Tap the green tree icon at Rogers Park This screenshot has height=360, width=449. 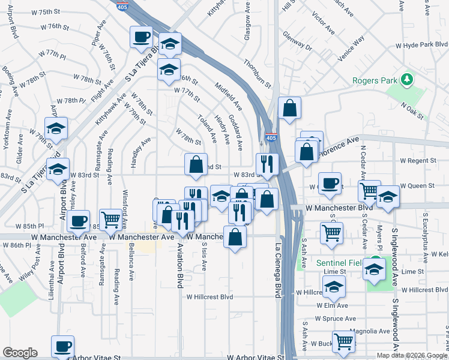pyautogui.click(x=408, y=79)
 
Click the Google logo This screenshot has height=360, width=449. pyautogui.click(x=20, y=353)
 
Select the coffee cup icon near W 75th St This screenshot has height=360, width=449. pyautogui.click(x=142, y=38)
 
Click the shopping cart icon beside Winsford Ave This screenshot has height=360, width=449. pyautogui.click(x=110, y=220)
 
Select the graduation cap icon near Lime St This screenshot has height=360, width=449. pyautogui.click(x=374, y=269)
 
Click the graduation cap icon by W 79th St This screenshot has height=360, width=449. pyautogui.click(x=56, y=128)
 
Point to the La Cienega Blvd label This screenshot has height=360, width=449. pyautogui.click(x=278, y=269)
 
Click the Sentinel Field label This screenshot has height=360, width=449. pyautogui.click(x=341, y=263)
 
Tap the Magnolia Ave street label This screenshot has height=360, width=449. pyautogui.click(x=372, y=331)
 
